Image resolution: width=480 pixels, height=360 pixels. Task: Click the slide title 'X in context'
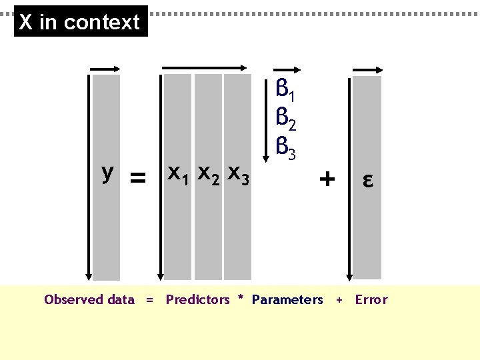(x=80, y=22)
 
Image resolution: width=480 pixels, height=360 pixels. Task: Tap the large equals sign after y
(x=137, y=178)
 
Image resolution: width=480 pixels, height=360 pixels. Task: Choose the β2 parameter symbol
(x=285, y=120)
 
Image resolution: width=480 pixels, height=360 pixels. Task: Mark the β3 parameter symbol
(x=285, y=149)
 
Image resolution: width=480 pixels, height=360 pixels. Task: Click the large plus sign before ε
(x=327, y=179)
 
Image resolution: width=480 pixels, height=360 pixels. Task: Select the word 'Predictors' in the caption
(x=197, y=300)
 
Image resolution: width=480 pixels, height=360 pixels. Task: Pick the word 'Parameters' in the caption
(x=287, y=300)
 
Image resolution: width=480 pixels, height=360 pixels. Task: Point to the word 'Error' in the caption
(x=371, y=300)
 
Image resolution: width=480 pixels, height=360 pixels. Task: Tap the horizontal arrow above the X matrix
(x=205, y=67)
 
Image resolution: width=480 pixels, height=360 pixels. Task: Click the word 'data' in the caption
(x=121, y=300)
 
